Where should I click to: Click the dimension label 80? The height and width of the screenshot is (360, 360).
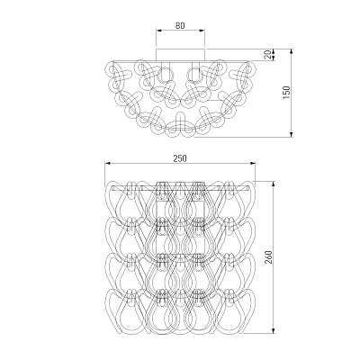(x=180, y=25)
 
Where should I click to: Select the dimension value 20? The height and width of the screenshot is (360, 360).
(x=269, y=54)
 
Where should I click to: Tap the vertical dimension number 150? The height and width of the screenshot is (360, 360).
(x=287, y=93)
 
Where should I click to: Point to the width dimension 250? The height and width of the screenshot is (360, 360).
(x=180, y=158)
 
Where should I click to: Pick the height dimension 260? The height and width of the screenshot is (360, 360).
(x=268, y=256)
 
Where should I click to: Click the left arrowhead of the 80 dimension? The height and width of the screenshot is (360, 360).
(x=158, y=31)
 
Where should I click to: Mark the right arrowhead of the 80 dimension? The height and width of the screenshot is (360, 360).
(x=202, y=31)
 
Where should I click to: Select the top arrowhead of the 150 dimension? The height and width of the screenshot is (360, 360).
(x=291, y=52)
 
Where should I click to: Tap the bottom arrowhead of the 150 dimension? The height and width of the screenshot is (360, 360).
(x=291, y=134)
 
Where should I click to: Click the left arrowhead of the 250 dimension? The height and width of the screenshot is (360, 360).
(x=108, y=163)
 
